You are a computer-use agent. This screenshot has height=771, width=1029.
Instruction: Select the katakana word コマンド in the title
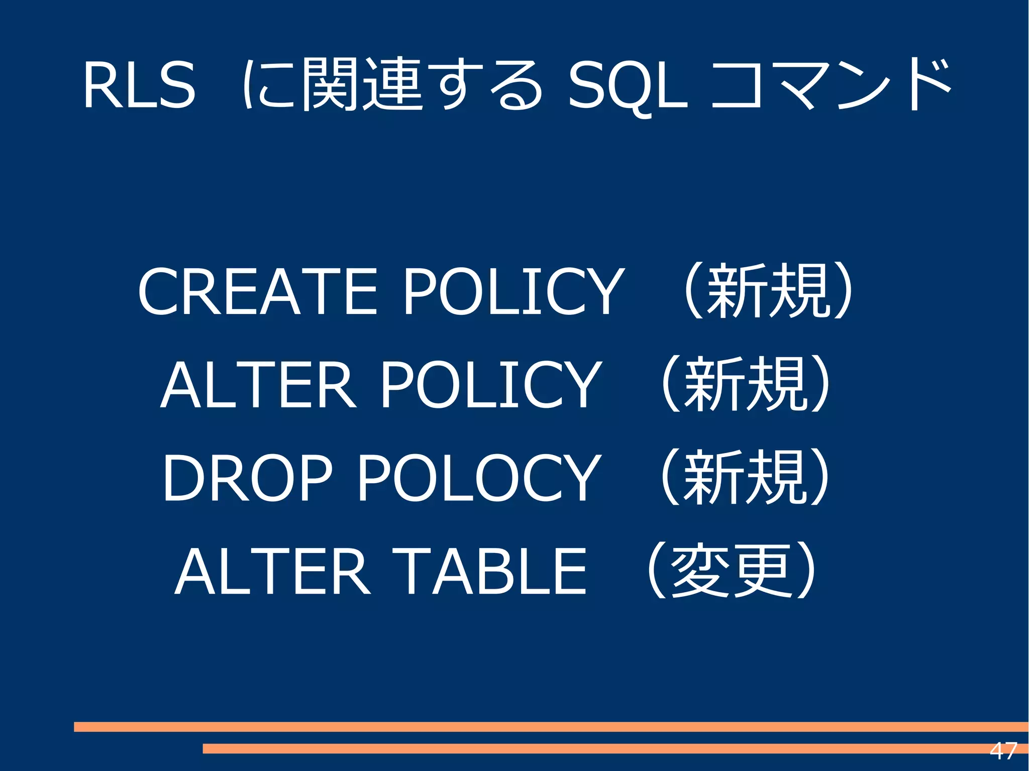pyautogui.click(x=832, y=84)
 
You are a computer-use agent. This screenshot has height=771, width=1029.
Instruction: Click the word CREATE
pyautogui.click(x=257, y=292)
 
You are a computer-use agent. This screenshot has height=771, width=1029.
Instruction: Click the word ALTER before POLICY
pyautogui.click(x=258, y=385)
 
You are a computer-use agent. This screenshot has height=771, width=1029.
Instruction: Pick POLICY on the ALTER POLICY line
pyautogui.click(x=490, y=385)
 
